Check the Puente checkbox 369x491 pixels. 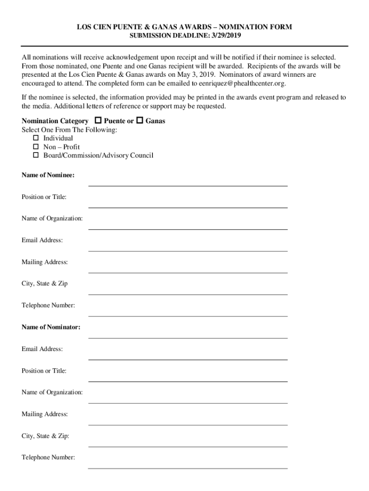point(99,121)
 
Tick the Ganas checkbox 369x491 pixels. point(140,121)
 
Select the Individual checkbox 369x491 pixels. point(35,138)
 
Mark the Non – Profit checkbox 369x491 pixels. point(35,147)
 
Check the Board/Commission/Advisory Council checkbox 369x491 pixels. point(35,155)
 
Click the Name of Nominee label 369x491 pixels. point(48,175)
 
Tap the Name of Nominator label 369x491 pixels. point(51,327)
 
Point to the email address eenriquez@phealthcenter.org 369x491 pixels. point(246,83)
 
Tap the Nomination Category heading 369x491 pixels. point(55,121)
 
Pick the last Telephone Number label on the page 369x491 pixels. point(48,457)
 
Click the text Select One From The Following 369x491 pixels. point(69,130)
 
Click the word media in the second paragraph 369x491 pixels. point(42,106)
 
